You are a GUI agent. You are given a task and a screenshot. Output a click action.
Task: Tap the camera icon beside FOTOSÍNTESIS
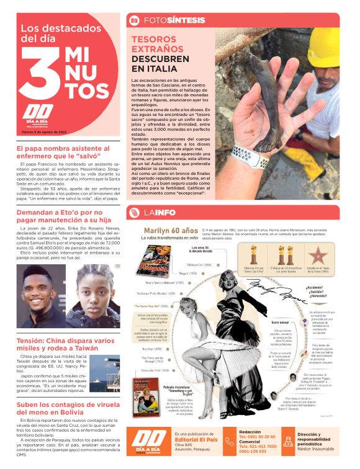click(x=133, y=20)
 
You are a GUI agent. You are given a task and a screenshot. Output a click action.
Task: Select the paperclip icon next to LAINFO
click(x=133, y=213)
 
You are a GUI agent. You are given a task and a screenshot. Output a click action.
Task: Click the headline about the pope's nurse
click(x=62, y=153)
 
